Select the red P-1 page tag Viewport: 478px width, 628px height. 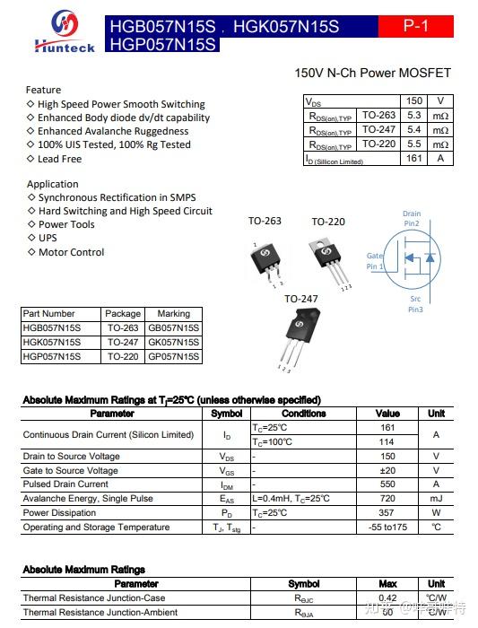(416, 27)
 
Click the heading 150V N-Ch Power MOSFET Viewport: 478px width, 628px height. (372, 73)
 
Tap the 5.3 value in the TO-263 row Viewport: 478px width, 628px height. (413, 116)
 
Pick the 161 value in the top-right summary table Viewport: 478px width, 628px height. (413, 159)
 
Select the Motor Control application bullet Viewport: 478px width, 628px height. (71, 252)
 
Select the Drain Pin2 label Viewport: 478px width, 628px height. (412, 218)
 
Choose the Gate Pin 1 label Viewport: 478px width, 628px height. (375, 261)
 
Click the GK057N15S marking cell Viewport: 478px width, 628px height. (173, 342)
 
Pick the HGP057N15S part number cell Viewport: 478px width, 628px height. (51, 356)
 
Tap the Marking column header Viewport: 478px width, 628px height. (173, 314)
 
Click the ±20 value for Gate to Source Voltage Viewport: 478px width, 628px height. (387, 470)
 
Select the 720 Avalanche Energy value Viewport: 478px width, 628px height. (387, 498)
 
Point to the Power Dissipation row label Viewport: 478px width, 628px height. (60, 513)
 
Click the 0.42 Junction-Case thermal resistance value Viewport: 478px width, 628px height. (387, 598)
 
